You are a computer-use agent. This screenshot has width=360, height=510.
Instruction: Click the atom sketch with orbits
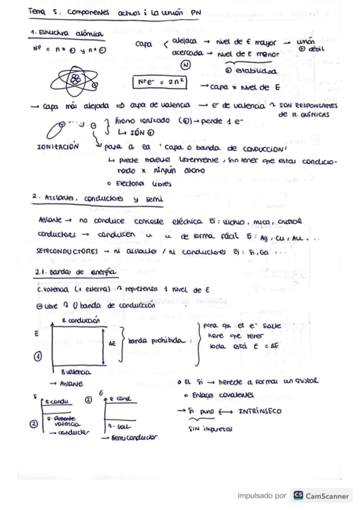point(75,80)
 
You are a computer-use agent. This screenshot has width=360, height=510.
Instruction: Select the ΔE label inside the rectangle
point(113,343)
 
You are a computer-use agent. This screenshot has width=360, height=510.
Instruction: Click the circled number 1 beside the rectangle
point(37,356)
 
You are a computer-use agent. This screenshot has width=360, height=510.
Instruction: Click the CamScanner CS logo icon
point(297,496)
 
